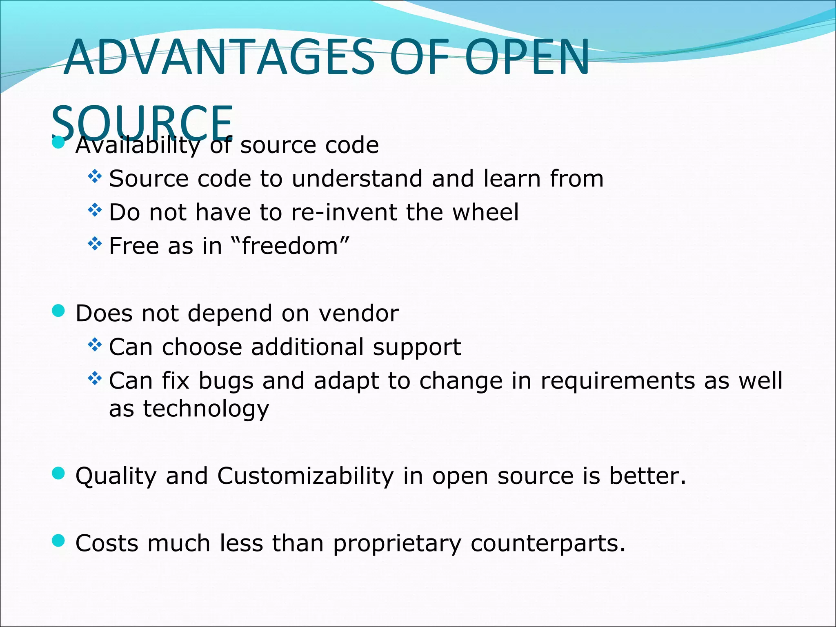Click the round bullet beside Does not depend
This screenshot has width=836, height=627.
click(59, 311)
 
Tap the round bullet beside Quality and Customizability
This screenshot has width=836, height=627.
click(59, 474)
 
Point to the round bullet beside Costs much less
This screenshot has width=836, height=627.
click(59, 541)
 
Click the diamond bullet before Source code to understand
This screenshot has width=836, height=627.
click(95, 177)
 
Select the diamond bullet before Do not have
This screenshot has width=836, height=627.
click(95, 210)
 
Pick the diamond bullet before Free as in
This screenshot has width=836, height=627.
click(95, 244)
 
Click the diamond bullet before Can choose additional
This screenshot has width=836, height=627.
click(95, 345)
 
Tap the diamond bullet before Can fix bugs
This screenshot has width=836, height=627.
click(95, 379)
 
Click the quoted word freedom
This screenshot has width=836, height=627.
click(290, 246)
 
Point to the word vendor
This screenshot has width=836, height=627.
click(358, 313)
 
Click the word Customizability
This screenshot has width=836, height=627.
click(305, 476)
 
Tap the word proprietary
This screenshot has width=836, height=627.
click(397, 544)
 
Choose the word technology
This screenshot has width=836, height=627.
click(206, 409)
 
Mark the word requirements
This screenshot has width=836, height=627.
click(617, 381)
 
